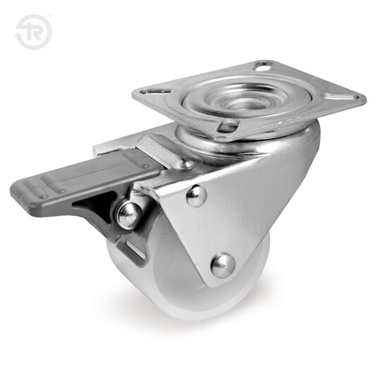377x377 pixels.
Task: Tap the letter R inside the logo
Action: point(35,33)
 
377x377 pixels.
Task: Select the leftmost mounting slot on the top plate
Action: point(152,92)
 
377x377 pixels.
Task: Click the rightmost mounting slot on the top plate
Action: point(352,97)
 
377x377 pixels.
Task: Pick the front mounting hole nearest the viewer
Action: point(228,127)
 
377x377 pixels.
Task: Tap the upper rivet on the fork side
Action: point(197,196)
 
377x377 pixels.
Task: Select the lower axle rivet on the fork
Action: point(222,264)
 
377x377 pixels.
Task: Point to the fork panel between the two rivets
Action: point(211,229)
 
